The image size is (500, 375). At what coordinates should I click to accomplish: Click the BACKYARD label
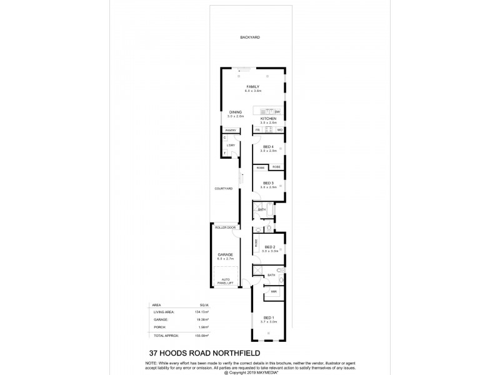249,37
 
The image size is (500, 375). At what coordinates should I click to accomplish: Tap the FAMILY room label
252,86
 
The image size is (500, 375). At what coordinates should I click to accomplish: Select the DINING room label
235,112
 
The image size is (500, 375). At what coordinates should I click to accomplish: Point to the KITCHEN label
268,118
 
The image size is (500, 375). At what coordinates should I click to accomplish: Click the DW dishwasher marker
277,112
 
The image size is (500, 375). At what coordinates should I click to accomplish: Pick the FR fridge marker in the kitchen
257,129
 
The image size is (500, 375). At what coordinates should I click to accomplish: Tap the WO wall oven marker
280,129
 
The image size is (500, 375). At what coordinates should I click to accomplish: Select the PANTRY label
231,130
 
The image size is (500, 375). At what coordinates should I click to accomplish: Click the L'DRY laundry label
231,145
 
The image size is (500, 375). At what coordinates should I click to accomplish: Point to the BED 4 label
268,147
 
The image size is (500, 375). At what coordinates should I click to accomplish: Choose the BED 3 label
268,182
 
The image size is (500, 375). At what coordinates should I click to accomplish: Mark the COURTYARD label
223,188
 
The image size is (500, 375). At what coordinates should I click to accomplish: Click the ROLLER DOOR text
225,227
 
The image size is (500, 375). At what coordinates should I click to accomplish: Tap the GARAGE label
225,254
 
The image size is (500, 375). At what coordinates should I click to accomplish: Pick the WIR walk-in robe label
274,292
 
